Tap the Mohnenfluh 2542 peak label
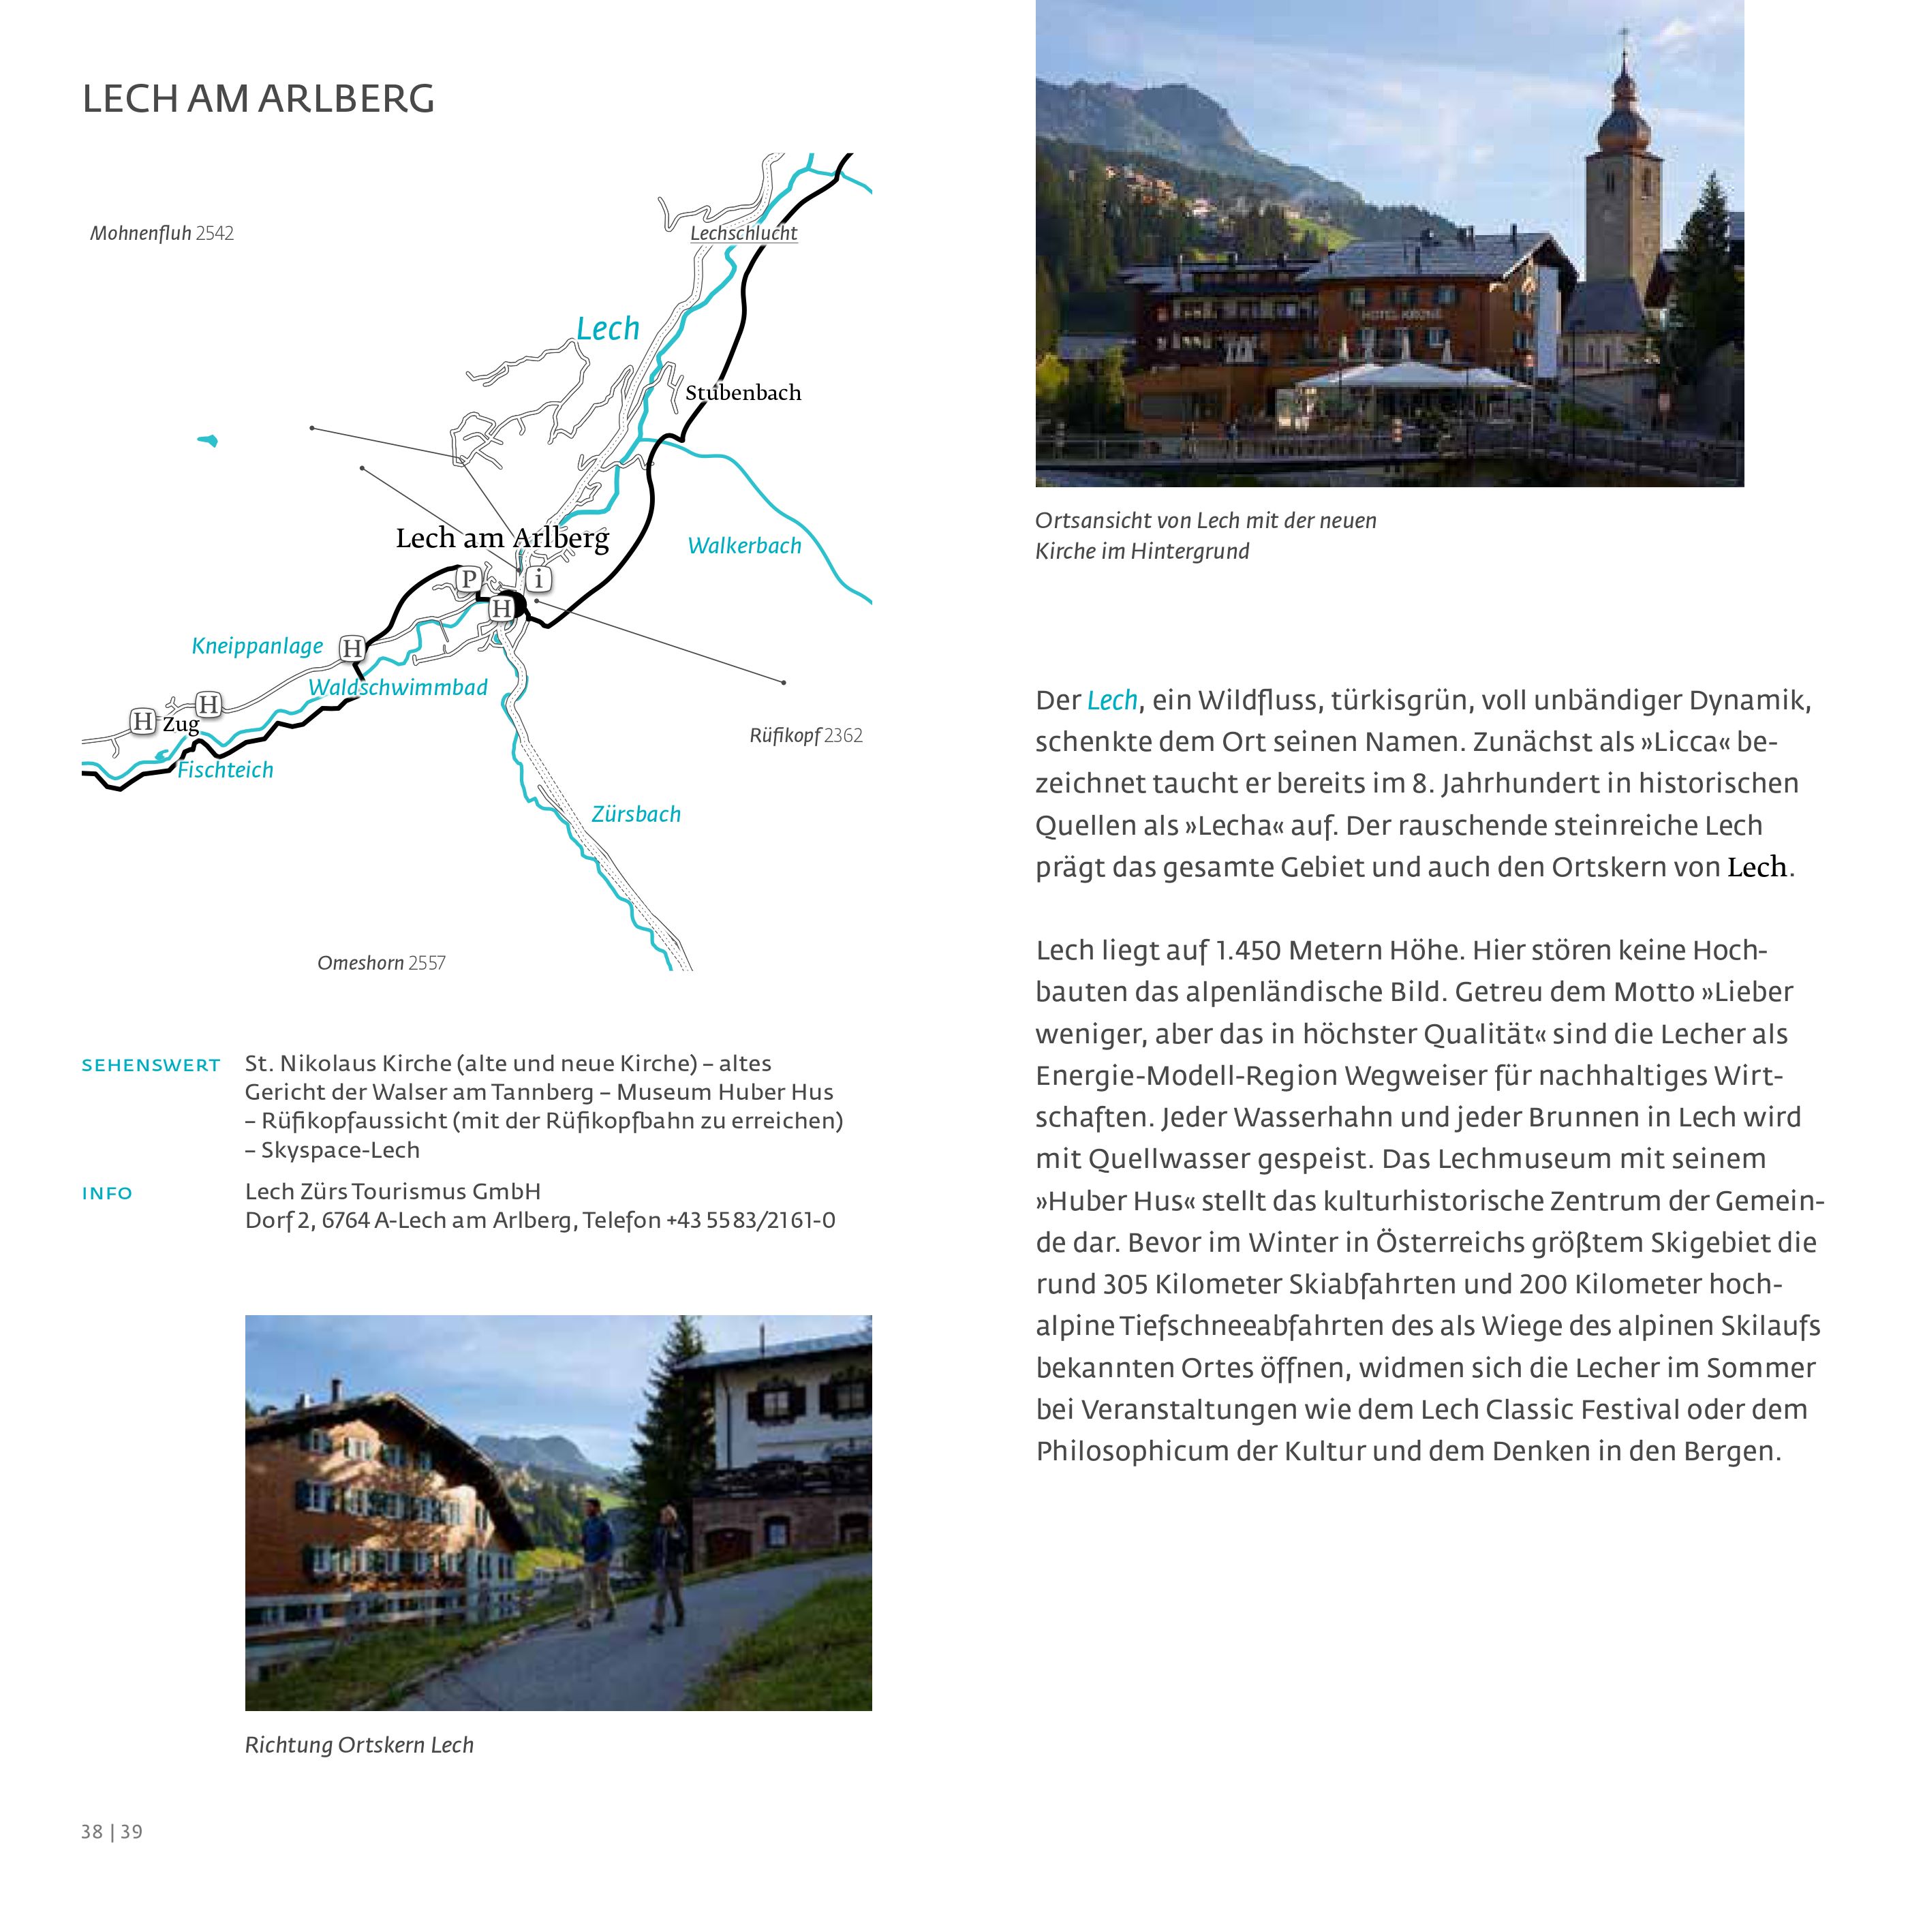coord(162,234)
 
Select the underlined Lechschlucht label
coord(743,234)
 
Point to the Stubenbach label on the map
coord(743,393)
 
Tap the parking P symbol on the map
coord(469,579)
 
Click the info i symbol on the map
coord(538,579)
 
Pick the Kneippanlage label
coord(257,647)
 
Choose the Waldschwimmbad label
coord(397,688)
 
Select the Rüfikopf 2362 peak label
coord(806,736)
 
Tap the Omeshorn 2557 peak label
coord(381,963)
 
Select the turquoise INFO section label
coord(107,1194)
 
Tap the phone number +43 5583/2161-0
coord(750,1220)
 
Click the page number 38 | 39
coord(112,1832)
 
